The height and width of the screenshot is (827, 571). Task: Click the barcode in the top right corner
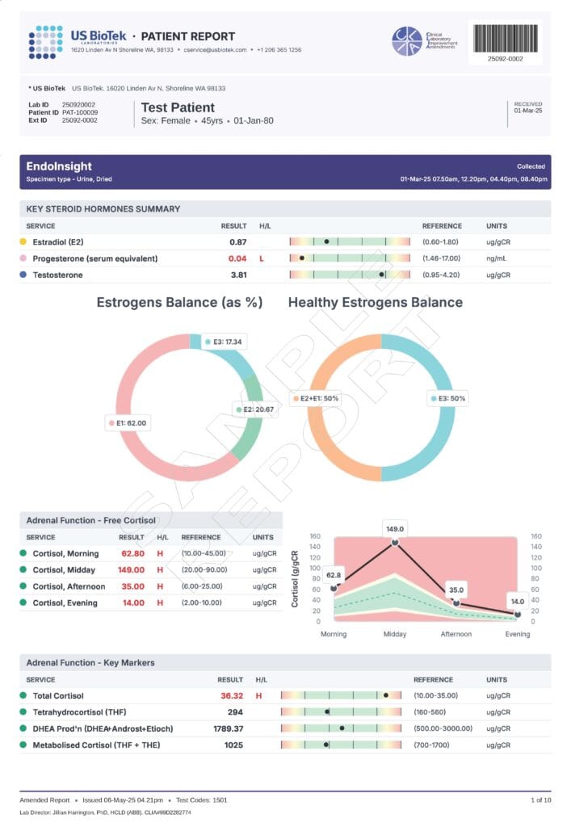506,37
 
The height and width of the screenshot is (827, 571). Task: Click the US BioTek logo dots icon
45,42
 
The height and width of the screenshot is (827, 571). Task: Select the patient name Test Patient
178,107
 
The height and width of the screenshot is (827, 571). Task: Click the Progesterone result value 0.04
237,258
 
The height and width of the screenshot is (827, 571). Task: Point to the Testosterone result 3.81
237,275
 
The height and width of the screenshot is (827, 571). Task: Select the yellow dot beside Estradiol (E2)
23,241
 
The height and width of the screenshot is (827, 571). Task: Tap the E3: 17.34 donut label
223,342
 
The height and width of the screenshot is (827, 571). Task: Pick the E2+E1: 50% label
316,398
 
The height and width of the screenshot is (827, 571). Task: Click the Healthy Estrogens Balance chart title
375,302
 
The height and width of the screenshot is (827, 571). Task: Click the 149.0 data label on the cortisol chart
394,529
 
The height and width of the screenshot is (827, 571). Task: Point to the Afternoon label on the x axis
456,634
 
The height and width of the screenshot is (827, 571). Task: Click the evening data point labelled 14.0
518,615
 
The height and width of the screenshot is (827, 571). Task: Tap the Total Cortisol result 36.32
231,695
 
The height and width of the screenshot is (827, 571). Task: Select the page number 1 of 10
540,800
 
